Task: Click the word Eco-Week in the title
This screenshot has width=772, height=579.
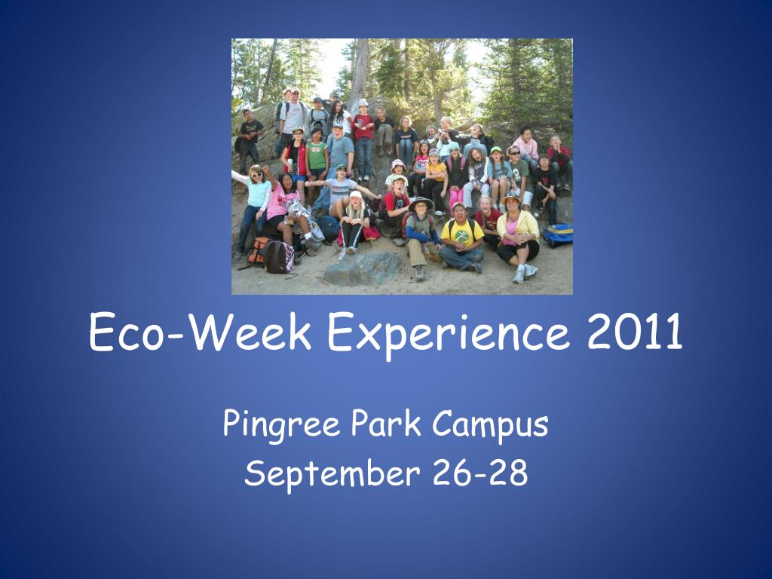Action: click(x=200, y=332)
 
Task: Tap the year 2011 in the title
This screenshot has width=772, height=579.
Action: click(x=635, y=332)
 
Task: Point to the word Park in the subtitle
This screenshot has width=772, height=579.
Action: click(x=386, y=423)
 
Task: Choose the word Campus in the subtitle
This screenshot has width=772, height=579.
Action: click(x=490, y=425)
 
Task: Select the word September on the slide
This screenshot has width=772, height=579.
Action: click(x=332, y=473)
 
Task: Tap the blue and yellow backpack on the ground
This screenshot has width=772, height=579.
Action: click(x=559, y=235)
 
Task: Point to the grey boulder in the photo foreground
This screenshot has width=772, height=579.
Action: click(x=363, y=269)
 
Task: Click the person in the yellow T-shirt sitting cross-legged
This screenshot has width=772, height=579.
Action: click(x=461, y=237)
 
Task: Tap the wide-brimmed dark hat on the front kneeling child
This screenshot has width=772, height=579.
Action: click(x=421, y=202)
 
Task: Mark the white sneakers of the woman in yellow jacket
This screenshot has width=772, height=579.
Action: click(x=525, y=273)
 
